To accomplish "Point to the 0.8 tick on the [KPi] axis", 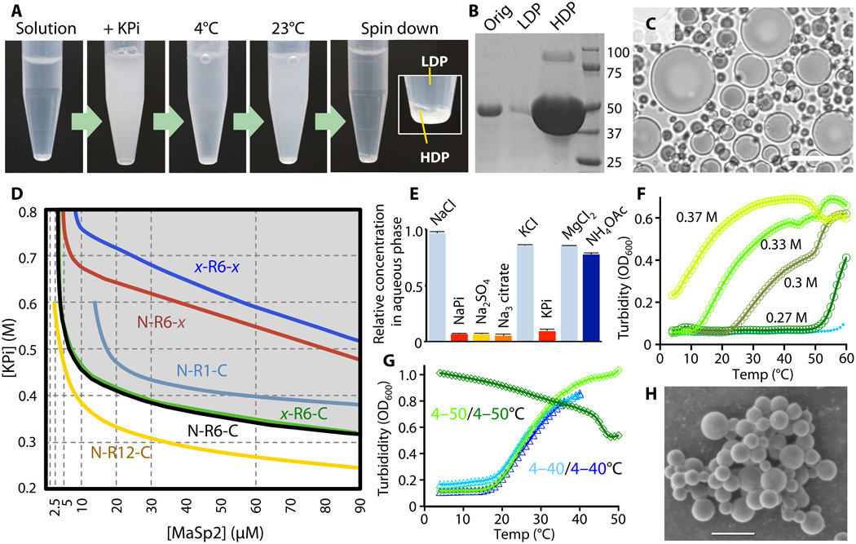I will point(29,212).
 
